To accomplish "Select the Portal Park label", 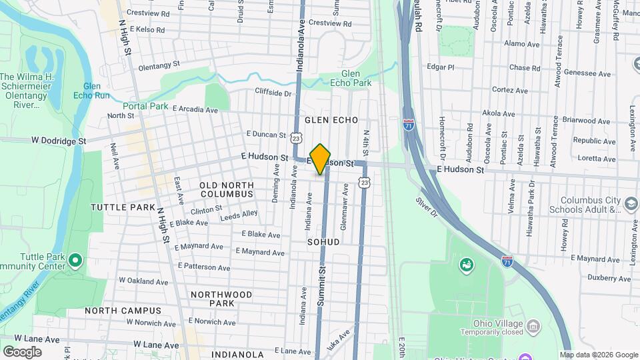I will tap(145, 106).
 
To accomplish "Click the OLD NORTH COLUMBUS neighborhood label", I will tap(227, 189).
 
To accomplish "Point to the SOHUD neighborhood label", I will tap(323, 241).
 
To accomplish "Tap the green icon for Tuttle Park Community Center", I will tap(75, 259).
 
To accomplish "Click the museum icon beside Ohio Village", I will tap(533, 325).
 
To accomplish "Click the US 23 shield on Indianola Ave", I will tap(295, 137).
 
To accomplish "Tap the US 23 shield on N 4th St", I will tap(363, 181).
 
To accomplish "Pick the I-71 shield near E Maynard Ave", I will tap(507, 261).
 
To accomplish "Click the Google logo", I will tap(22, 351).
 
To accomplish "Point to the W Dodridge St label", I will tap(59, 141).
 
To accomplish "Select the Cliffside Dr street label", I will tap(273, 92).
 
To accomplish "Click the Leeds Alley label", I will tap(239, 214).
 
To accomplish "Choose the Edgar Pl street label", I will tap(440, 67).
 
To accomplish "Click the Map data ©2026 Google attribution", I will tap(599, 355).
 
